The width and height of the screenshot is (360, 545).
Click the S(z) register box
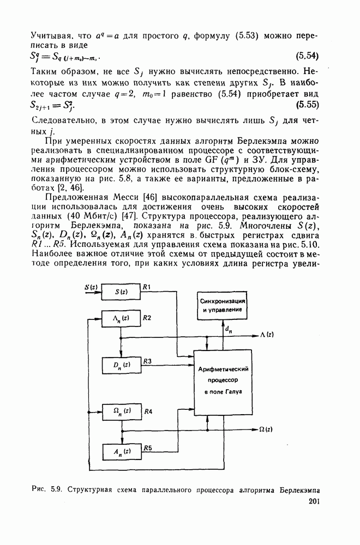121,292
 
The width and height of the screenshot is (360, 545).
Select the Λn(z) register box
121,318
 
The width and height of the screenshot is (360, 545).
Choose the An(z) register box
121,451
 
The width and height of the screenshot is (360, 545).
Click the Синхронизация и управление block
220,305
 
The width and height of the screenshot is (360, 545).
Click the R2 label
147,317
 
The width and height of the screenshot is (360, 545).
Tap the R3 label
147,361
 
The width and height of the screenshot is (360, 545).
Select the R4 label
148,410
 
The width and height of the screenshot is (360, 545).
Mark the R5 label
147,448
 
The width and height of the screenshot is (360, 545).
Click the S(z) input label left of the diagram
91,287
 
